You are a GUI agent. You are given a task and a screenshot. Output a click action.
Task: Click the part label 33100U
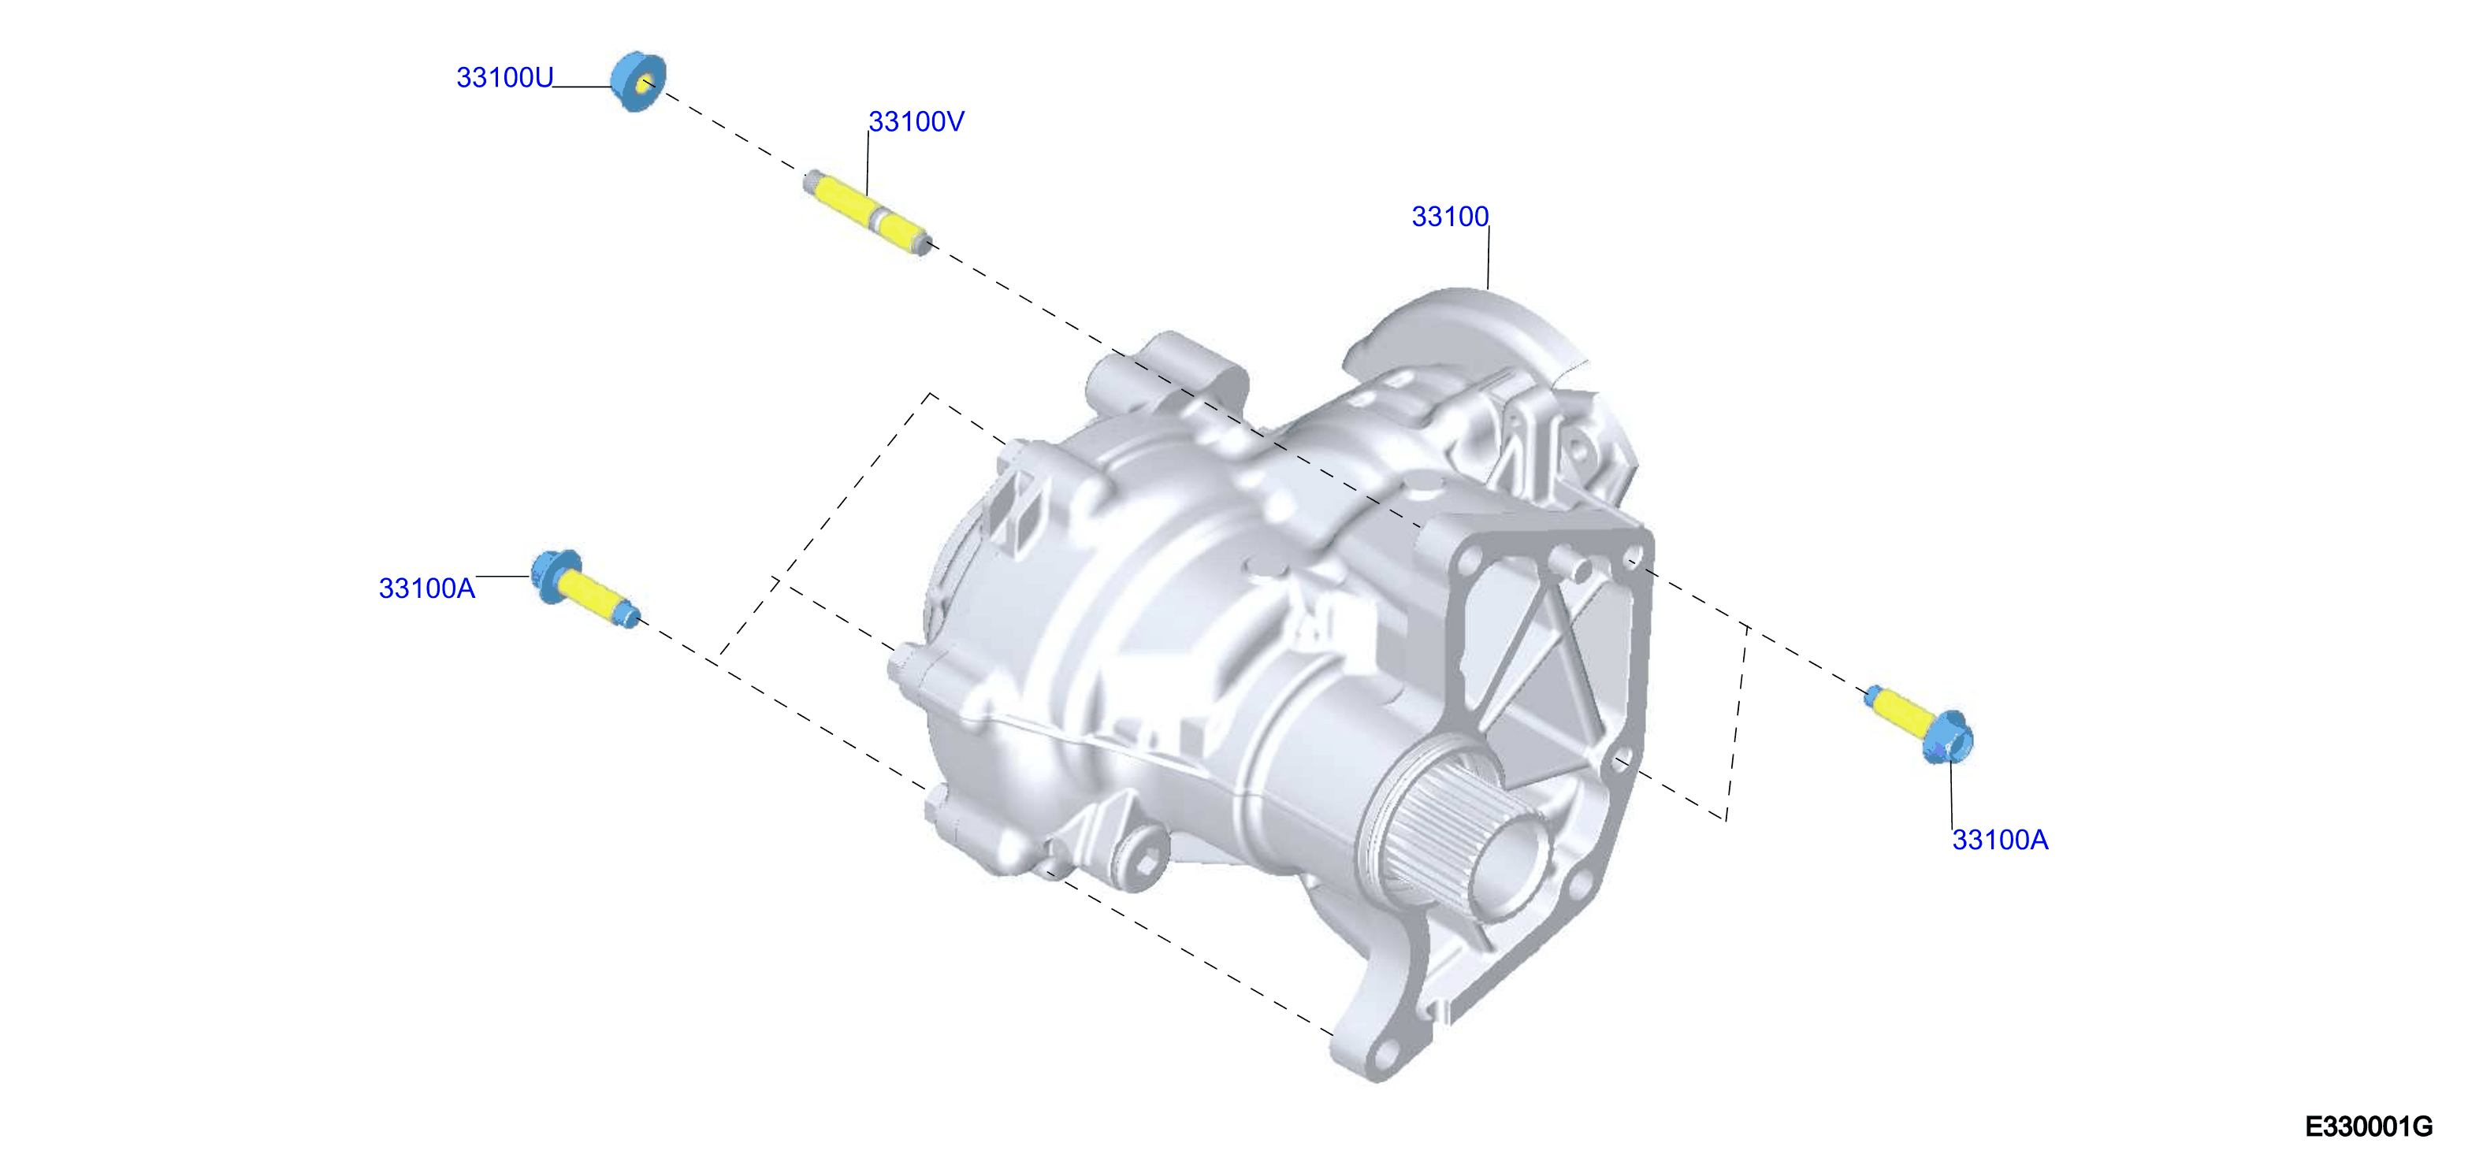click(x=504, y=77)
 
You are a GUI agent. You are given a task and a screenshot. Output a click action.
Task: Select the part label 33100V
click(x=916, y=121)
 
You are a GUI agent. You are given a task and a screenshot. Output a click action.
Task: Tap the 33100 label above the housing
click(x=1450, y=217)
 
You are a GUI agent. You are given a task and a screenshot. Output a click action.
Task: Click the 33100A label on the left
click(x=427, y=588)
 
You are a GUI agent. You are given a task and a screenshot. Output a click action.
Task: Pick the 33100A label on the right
click(x=2000, y=840)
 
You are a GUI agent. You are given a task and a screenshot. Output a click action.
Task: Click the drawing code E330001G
click(x=2368, y=1126)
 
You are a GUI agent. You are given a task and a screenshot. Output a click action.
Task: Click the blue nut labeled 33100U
click(x=638, y=82)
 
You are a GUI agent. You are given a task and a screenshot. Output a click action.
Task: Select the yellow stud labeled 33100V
click(x=868, y=212)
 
